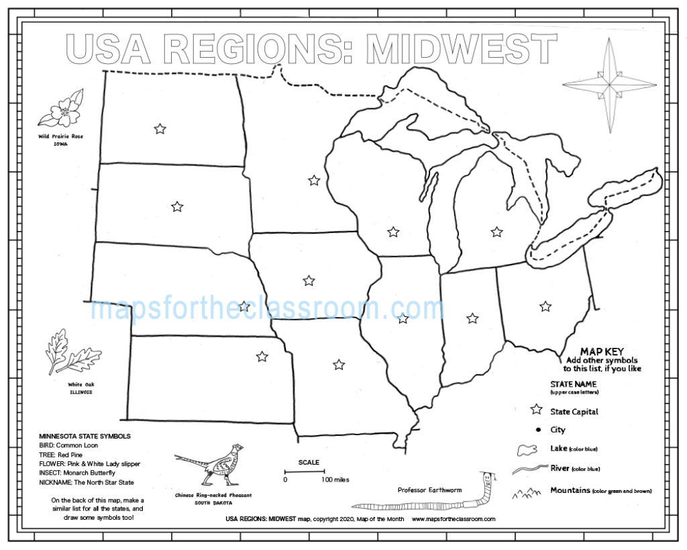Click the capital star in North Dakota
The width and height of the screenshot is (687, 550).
[x=160, y=128]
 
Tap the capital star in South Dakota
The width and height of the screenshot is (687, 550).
[x=177, y=206]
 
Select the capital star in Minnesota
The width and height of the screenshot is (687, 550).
[x=313, y=180]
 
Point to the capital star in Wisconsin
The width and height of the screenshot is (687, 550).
[x=393, y=232]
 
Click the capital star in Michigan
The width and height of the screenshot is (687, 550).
[x=496, y=232]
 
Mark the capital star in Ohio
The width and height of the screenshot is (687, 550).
[x=545, y=306]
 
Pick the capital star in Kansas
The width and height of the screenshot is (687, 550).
[x=262, y=356]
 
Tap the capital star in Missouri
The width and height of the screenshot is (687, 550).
[x=339, y=365]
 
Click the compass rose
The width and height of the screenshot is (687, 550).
[x=610, y=85]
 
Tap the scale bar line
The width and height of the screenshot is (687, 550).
[x=304, y=472]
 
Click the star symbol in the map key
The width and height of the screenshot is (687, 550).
[x=536, y=410]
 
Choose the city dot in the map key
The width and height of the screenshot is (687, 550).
[x=537, y=430]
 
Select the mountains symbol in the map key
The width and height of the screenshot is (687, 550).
[x=527, y=494]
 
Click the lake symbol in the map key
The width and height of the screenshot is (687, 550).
[x=527, y=449]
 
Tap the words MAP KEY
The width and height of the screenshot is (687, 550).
[x=602, y=351]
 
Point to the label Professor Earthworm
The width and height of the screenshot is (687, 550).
[x=429, y=490]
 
